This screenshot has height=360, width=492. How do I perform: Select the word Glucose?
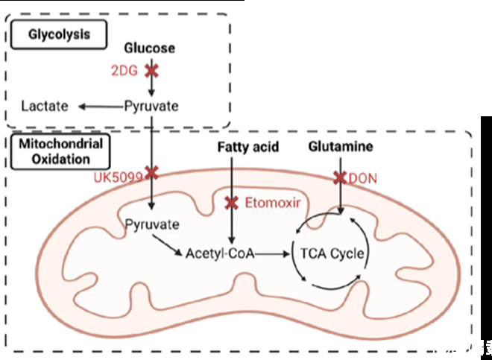click(150, 48)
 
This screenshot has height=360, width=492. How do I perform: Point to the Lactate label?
click(45, 106)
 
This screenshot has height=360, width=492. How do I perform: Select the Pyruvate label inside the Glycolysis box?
click(151, 106)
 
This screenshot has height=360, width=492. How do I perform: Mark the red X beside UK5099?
click(151, 173)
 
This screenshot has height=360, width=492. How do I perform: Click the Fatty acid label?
click(248, 147)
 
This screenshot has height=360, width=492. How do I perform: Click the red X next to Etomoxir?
click(233, 202)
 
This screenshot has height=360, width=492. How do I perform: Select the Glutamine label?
click(341, 147)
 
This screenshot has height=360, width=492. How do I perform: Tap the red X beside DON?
click(341, 177)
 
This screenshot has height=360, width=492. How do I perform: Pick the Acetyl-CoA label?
click(218, 253)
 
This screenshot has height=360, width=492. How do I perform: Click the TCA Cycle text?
click(332, 253)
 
